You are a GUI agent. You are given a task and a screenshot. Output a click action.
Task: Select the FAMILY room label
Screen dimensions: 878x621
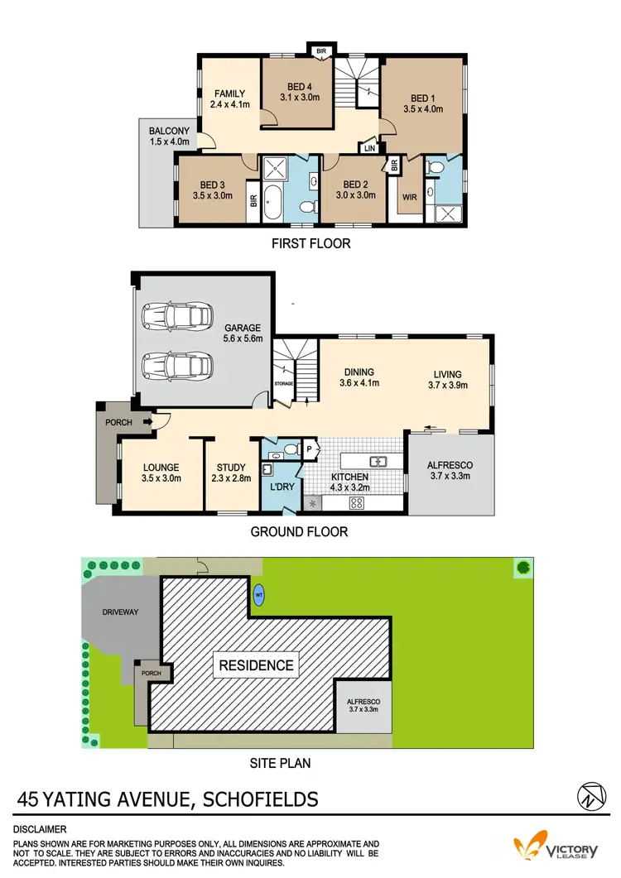(x=229, y=94)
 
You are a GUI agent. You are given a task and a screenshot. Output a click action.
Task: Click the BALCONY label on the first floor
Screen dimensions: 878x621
(x=169, y=131)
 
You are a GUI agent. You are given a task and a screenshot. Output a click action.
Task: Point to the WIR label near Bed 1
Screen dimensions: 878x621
(x=409, y=197)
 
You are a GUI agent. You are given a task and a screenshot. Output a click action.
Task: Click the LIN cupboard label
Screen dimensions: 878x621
(x=368, y=148)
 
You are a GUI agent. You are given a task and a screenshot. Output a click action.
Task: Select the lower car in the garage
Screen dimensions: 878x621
(x=174, y=364)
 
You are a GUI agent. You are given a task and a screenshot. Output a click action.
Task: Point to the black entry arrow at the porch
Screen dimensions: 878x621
(x=147, y=422)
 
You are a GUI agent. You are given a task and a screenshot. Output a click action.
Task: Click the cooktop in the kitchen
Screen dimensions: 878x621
(x=359, y=503)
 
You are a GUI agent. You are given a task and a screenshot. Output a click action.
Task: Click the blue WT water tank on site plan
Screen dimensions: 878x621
(x=260, y=594)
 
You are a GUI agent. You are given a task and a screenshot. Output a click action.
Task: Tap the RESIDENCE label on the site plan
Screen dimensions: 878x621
(x=256, y=664)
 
